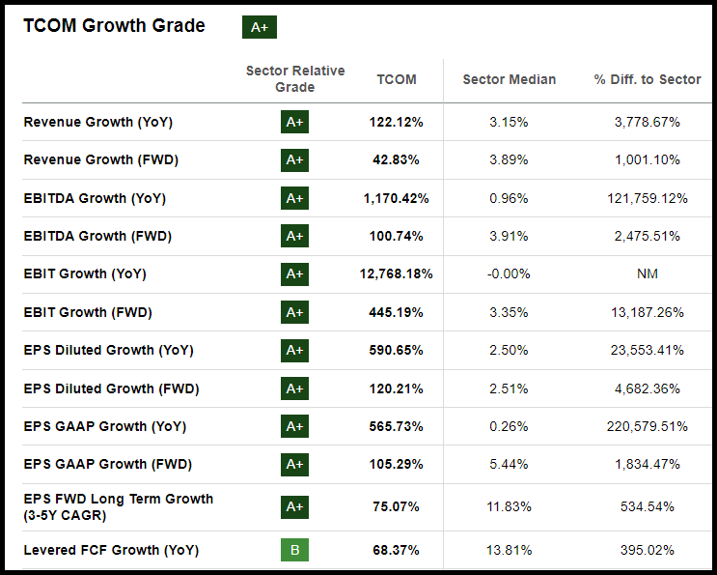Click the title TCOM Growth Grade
(114, 26)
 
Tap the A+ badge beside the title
(259, 27)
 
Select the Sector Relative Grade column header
(295, 79)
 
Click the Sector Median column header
(510, 79)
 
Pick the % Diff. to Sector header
(648, 79)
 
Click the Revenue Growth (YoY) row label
(97, 122)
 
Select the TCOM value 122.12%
(396, 122)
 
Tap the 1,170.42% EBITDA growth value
(396, 198)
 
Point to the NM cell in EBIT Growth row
(648, 273)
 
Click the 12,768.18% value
(396, 273)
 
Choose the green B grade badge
(294, 550)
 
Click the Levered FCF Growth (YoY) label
(111, 550)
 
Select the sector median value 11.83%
(510, 506)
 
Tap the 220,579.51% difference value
(648, 426)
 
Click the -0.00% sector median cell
(510, 273)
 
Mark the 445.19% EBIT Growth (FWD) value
(396, 312)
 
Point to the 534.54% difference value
(648, 506)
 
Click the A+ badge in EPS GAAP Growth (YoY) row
(294, 426)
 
